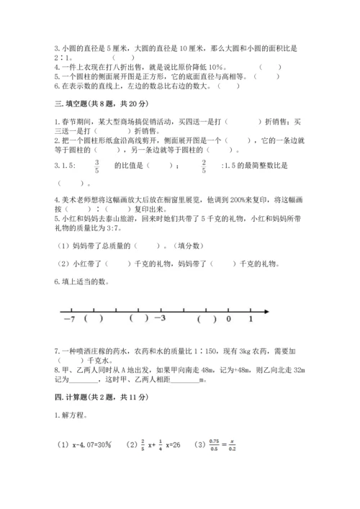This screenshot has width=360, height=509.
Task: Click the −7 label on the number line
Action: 69,319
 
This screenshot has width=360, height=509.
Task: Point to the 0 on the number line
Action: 228,319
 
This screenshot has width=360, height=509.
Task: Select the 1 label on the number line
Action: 250,319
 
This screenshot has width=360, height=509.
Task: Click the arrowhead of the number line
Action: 266,311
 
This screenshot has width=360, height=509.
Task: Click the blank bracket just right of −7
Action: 94,319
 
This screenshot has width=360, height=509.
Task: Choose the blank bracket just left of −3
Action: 139,319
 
